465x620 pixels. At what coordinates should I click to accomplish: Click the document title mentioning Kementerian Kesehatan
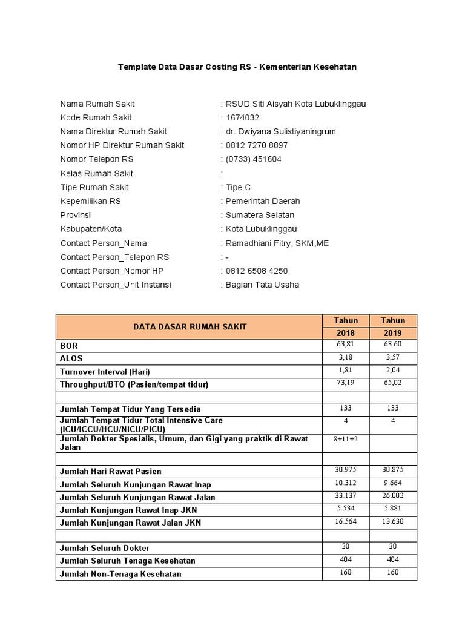(237, 67)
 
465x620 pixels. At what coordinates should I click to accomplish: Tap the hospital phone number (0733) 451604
(253, 159)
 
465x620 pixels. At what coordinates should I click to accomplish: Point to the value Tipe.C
(238, 187)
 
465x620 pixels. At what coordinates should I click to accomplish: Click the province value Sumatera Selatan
(260, 215)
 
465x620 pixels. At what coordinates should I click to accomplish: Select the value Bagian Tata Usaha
(262, 285)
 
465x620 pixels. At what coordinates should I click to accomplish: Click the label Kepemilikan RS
(90, 201)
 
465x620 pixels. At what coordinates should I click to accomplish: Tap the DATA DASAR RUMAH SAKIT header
(190, 327)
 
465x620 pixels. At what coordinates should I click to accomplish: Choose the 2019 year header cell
(392, 334)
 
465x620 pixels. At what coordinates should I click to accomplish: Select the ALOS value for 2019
(392, 357)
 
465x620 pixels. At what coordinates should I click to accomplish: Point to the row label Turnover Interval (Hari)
(105, 371)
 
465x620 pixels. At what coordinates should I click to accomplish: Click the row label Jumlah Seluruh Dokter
(105, 548)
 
